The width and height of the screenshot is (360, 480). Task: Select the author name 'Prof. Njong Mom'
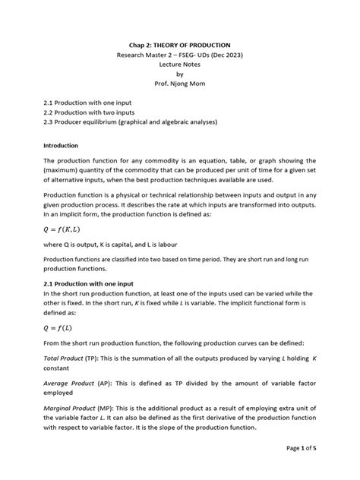tap(180, 85)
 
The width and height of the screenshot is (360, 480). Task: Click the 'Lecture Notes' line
tap(180, 65)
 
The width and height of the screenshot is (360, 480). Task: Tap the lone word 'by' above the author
tap(180, 74)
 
